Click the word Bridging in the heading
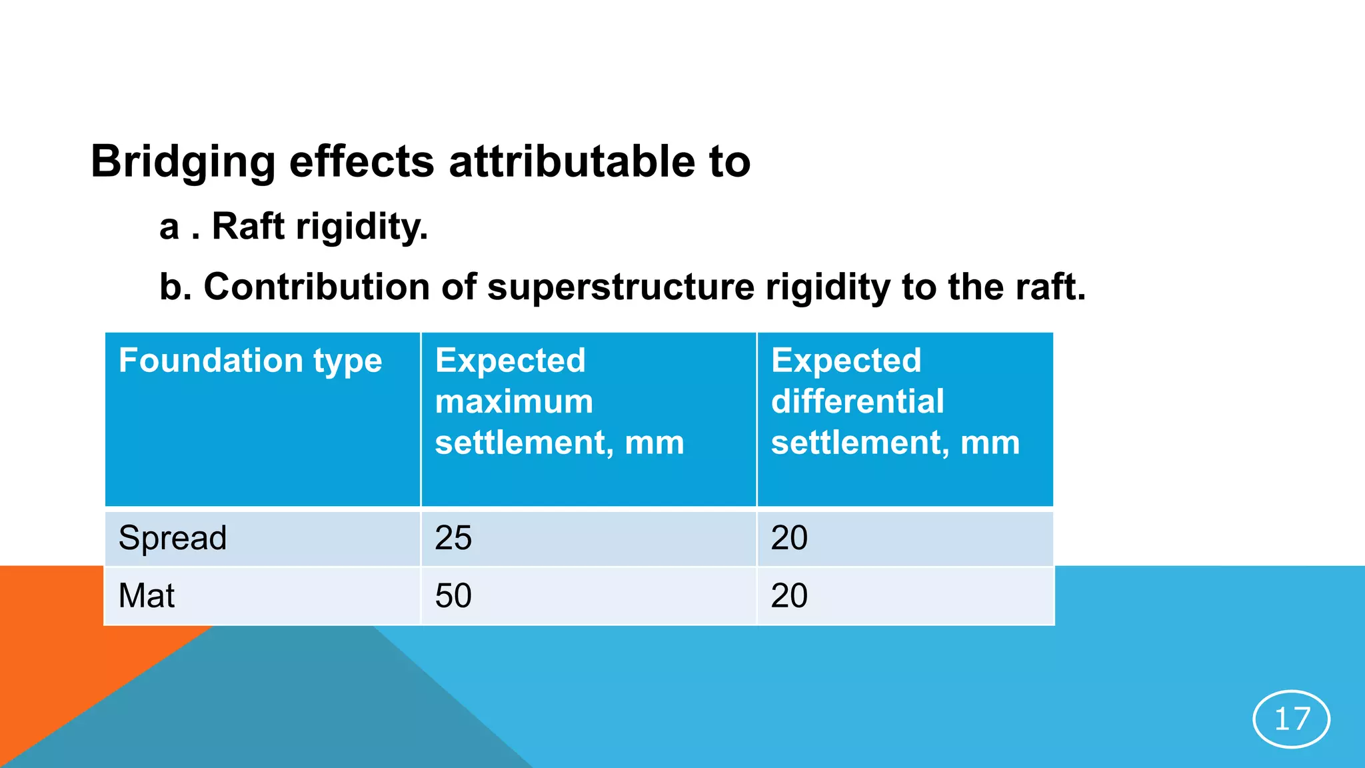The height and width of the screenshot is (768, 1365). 183,162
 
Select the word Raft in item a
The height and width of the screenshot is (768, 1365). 248,227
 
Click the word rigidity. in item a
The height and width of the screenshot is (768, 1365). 362,227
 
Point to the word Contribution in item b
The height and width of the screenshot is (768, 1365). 317,287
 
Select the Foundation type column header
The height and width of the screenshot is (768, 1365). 250,361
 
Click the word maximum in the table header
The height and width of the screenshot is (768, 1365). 514,402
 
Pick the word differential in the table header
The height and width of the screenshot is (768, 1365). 857,402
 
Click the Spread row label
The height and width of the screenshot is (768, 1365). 173,538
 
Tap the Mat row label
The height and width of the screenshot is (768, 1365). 147,595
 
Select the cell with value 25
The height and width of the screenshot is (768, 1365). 453,538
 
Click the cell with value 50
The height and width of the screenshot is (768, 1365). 453,595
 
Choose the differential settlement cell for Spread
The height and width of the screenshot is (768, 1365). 789,538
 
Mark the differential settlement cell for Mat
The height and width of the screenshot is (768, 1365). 789,595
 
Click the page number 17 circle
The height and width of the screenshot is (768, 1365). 1292,719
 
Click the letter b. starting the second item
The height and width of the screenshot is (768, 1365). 175,287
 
